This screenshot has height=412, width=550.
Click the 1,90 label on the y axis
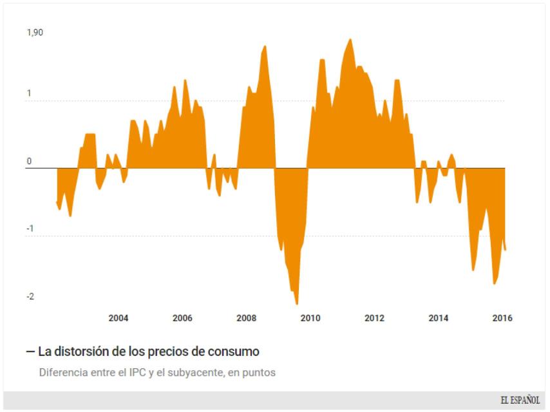point(34,32)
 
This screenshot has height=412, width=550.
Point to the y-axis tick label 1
point(28,93)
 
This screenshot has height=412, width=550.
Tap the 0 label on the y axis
point(28,162)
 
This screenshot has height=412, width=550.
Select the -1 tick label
point(30,229)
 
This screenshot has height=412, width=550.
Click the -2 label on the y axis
point(30,296)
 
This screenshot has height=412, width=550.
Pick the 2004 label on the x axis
point(118,318)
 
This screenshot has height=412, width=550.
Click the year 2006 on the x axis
point(182,318)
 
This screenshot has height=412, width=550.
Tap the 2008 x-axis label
point(247,318)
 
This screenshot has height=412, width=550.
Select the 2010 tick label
point(310,318)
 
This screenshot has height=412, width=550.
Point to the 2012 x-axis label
point(374,318)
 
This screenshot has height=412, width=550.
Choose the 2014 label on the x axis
point(439,318)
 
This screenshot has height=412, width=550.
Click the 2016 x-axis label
point(502,318)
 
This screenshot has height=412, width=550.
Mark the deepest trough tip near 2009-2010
point(297,304)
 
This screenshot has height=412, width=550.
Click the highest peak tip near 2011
point(350,39)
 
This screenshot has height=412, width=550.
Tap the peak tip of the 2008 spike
point(265,46)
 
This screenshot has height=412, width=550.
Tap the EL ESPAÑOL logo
point(520,400)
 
